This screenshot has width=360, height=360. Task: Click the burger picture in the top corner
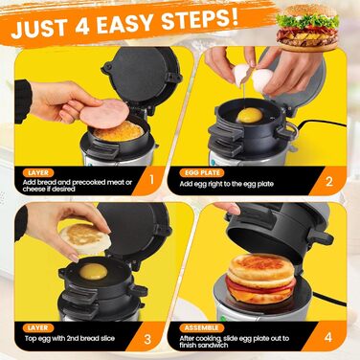point(307,28)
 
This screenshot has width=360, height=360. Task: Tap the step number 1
point(151,180)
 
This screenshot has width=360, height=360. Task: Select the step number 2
point(329,182)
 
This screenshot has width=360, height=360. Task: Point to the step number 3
point(147,339)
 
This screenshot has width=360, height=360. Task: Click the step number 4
point(328,337)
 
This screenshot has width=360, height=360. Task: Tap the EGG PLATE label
point(203,173)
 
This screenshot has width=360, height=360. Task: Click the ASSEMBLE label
point(202,327)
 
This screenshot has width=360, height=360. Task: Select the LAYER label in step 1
point(38,173)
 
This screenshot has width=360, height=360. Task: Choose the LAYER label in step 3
point(38,327)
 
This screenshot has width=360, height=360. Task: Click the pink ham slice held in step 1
point(104,114)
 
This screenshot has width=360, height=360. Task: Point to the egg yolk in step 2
point(249,115)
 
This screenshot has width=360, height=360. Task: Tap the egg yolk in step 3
point(93,271)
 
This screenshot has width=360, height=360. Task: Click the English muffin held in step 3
point(85,239)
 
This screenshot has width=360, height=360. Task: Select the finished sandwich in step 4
point(261,279)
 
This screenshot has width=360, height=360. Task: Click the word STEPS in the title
point(199,20)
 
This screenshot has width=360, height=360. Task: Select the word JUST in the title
point(40,30)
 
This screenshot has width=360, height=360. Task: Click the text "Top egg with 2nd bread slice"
point(70,339)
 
